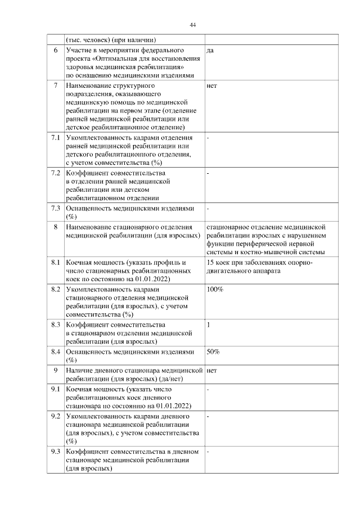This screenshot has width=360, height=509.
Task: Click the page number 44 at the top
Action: click(x=192, y=25)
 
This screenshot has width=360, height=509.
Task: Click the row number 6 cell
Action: click(x=55, y=51)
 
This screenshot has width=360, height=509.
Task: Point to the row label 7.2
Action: click(x=55, y=173)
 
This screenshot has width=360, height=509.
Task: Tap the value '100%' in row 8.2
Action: click(x=215, y=289)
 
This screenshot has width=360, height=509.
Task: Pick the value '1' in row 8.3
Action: click(x=209, y=325)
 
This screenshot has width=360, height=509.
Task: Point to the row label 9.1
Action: click(x=55, y=389)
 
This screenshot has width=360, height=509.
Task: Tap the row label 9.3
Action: click(x=55, y=452)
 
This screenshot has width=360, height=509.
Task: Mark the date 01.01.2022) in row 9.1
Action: click(x=171, y=406)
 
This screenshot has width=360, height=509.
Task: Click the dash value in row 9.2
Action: click(x=208, y=416)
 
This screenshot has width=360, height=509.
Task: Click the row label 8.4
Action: click(x=55, y=352)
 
